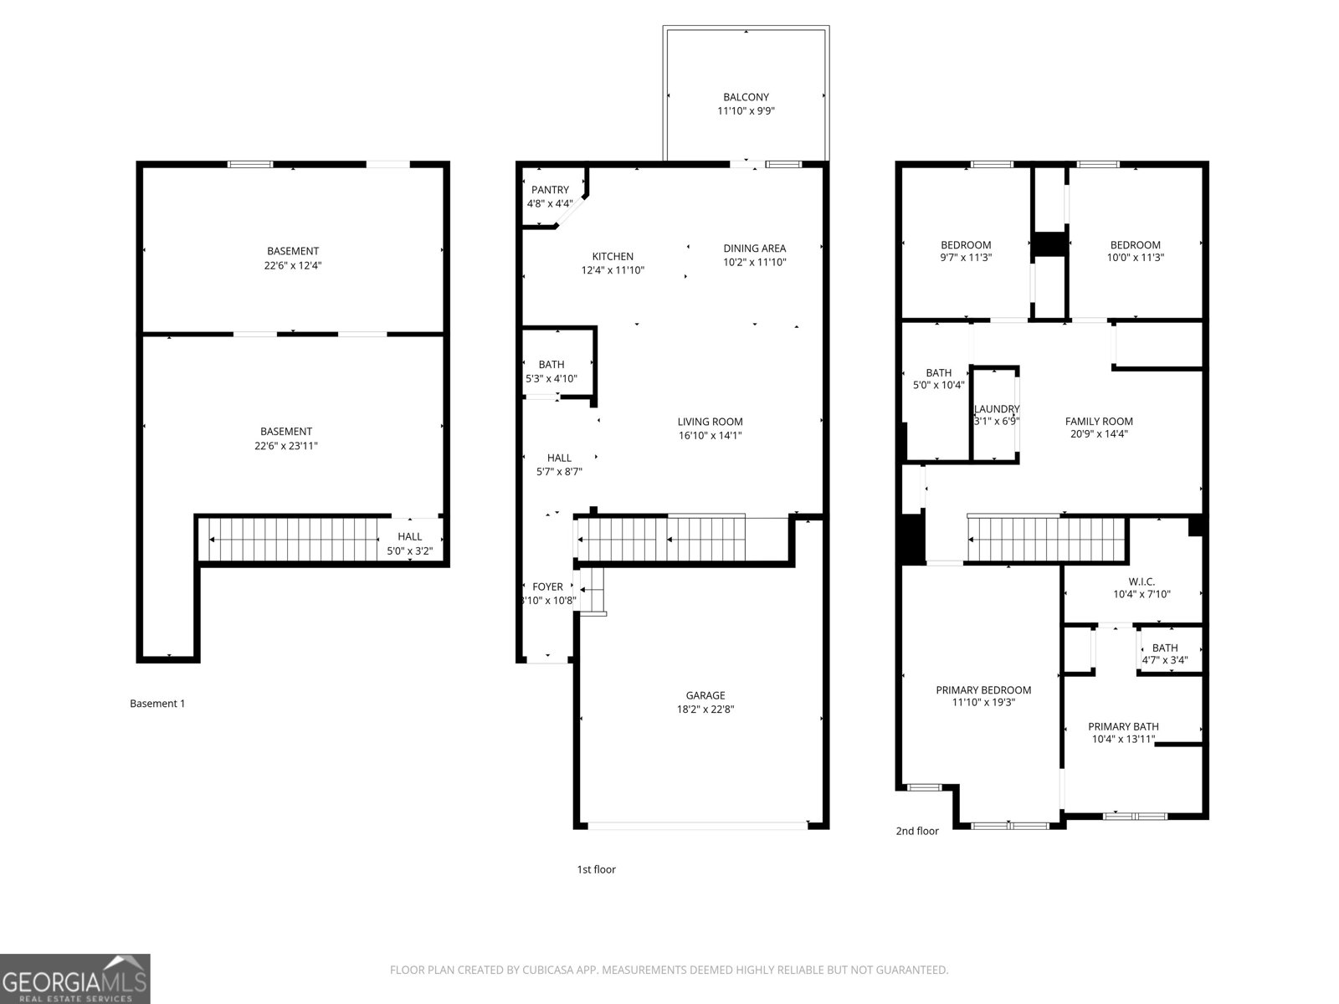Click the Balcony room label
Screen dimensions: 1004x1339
coord(746,97)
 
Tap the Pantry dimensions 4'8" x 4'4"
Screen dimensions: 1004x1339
coord(550,204)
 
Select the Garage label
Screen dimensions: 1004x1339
coord(705,695)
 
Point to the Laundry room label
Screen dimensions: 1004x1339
coord(997,409)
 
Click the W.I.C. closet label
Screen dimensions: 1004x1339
coord(1141,581)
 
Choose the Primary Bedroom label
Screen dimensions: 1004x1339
coord(983,690)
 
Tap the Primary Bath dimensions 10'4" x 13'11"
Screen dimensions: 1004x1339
coord(1123,740)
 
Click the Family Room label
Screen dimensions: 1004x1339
coord(1099,422)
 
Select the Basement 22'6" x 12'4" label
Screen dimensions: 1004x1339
coord(293,258)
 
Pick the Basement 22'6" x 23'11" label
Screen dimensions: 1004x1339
coord(286,438)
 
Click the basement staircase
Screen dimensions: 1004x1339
coord(293,540)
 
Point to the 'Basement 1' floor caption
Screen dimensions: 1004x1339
coord(157,704)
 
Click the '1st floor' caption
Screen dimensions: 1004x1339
coord(596,869)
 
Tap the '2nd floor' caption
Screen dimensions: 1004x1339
coord(917,831)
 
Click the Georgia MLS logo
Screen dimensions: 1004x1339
coord(74,978)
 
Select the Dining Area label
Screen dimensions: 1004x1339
coord(754,248)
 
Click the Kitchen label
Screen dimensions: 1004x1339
coord(613,257)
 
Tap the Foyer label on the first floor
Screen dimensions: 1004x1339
coord(548,587)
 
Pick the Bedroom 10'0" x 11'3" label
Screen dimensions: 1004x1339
coord(1135,245)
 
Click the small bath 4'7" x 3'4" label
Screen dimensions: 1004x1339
coord(1165,648)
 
